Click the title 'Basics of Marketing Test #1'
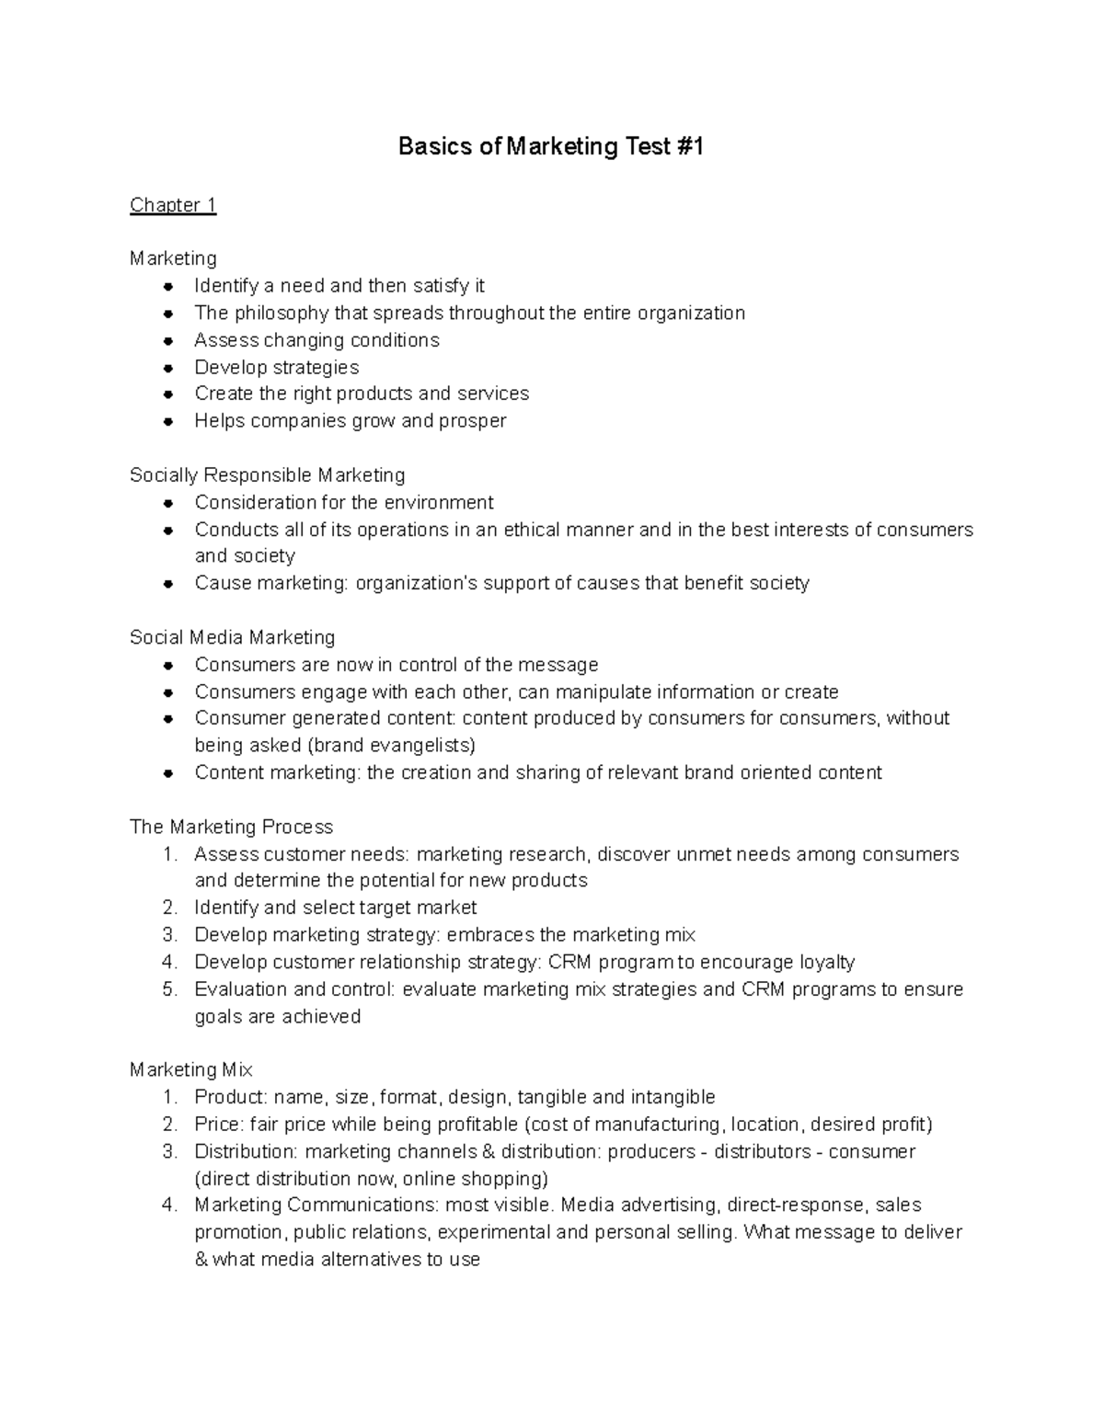[x=550, y=147]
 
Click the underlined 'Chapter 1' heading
[x=173, y=205]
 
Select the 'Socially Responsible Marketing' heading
[x=267, y=475]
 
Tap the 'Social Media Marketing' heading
[x=232, y=637]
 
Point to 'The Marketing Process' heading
[x=231, y=827]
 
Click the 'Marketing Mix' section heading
[x=190, y=1070]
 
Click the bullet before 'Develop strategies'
[x=167, y=368]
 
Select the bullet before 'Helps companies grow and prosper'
[x=167, y=422]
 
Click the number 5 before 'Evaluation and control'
[x=168, y=989]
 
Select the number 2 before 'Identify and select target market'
[x=168, y=908]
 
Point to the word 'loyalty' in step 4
[x=824, y=963]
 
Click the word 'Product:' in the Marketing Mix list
[x=231, y=1097]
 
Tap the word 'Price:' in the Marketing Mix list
[x=219, y=1125]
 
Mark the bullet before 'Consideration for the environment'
[x=167, y=503]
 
